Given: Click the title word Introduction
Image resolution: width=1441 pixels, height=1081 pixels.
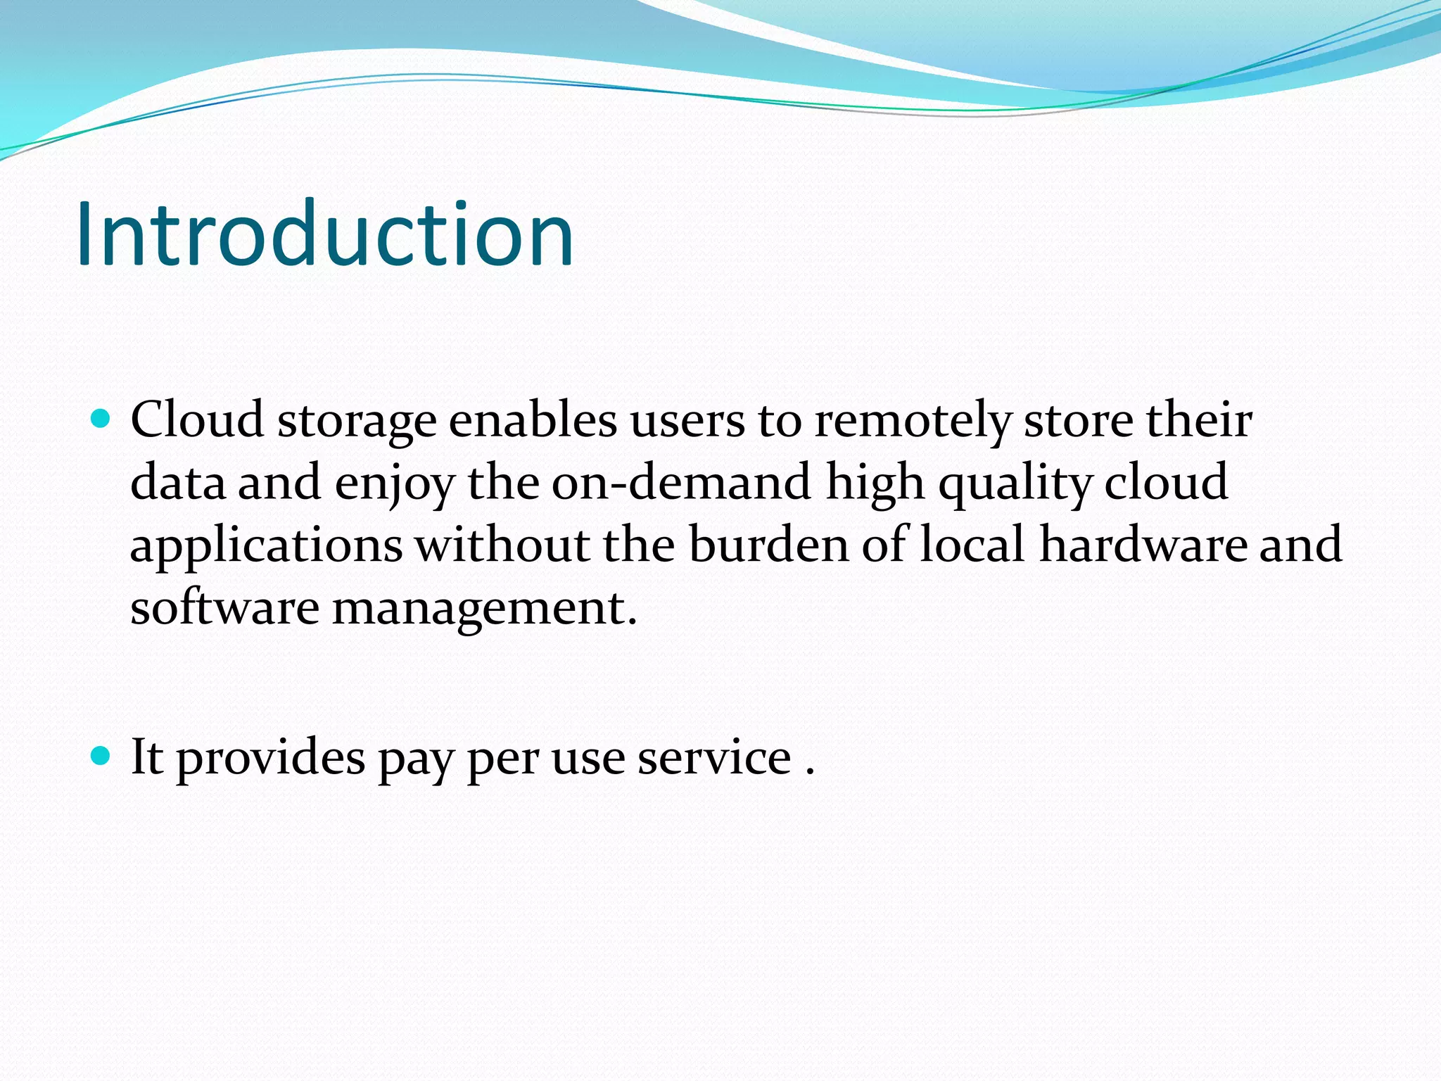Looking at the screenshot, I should click(324, 234).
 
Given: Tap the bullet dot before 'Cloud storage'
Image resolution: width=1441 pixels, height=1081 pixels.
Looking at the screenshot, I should click(101, 419).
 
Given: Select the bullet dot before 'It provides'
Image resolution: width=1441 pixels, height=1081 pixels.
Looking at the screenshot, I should click(101, 757).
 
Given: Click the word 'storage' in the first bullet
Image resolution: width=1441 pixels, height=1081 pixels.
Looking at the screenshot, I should click(357, 421).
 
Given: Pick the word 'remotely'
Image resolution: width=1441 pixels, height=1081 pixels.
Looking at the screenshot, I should click(913, 421).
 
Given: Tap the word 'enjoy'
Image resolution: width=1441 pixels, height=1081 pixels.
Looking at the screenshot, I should click(395, 484).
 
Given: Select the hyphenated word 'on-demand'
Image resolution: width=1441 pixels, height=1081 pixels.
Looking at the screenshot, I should click(681, 483).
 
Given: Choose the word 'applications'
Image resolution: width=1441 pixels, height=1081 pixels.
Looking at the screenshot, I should click(267, 546).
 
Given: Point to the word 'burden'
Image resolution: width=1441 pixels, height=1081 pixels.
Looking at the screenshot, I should click(769, 545).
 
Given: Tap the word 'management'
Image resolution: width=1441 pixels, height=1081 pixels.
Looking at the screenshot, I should click(484, 608).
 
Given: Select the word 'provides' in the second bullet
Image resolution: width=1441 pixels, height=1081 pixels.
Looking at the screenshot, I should click(270, 758).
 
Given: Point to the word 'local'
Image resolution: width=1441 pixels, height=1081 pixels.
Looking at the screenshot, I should click(972, 545).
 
